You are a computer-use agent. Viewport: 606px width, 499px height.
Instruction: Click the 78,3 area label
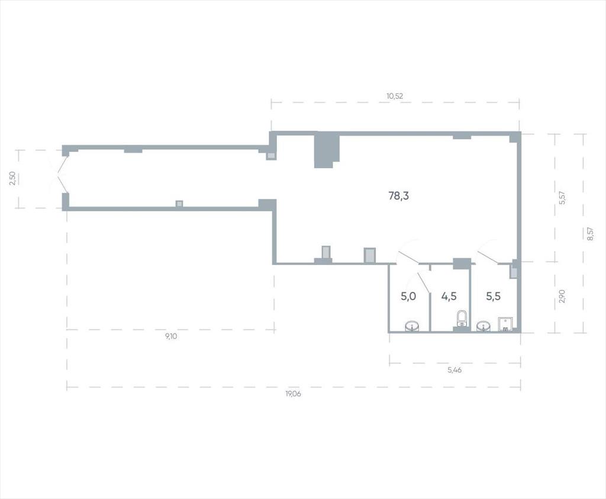[398, 196]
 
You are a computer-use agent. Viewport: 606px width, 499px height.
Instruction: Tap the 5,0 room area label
[408, 297]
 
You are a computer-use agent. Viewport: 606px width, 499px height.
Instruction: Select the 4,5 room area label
[449, 297]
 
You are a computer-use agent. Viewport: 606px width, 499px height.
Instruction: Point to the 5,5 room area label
[493, 297]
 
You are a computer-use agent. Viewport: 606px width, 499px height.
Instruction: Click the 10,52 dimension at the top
[395, 96]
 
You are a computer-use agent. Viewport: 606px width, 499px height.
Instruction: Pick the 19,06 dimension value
[293, 394]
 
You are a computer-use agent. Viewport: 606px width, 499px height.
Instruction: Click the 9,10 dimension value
[171, 336]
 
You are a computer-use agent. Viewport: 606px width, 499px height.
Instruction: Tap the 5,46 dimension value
[454, 370]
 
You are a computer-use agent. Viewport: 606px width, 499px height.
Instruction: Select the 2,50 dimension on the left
[13, 179]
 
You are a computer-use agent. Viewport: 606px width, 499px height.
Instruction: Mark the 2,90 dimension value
[562, 296]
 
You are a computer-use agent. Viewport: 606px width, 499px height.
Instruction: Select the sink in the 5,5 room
[484, 327]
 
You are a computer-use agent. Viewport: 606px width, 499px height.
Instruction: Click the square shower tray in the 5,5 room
[506, 324]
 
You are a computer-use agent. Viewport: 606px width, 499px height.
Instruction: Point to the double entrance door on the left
[59, 176]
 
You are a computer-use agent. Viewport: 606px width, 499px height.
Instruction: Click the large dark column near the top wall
[326, 149]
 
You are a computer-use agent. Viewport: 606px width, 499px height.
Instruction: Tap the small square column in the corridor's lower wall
[179, 204]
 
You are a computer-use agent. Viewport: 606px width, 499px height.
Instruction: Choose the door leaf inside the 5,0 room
[423, 281]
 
